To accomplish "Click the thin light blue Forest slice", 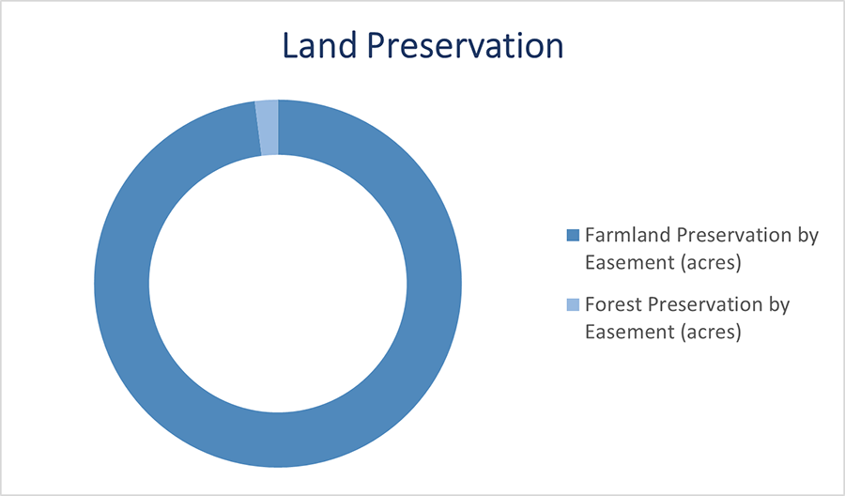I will click(x=268, y=127).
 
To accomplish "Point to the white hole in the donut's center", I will click(x=278, y=283).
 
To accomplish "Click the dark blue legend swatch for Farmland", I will click(x=573, y=235).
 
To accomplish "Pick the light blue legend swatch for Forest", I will click(x=573, y=305).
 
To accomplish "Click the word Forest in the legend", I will click(x=609, y=305).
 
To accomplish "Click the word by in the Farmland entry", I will click(x=809, y=235).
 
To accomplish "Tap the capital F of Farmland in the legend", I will click(x=590, y=235).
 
